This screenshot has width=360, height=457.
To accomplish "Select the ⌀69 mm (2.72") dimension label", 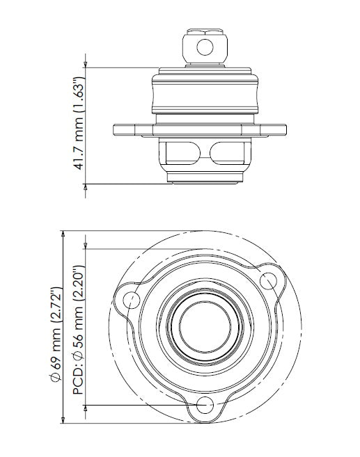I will [x=59, y=327].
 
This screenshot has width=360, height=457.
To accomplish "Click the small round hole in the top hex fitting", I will [x=204, y=47].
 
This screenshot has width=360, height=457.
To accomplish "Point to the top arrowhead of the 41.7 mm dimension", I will [x=86, y=70].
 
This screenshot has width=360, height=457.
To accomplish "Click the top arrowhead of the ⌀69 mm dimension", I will [x=63, y=234].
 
